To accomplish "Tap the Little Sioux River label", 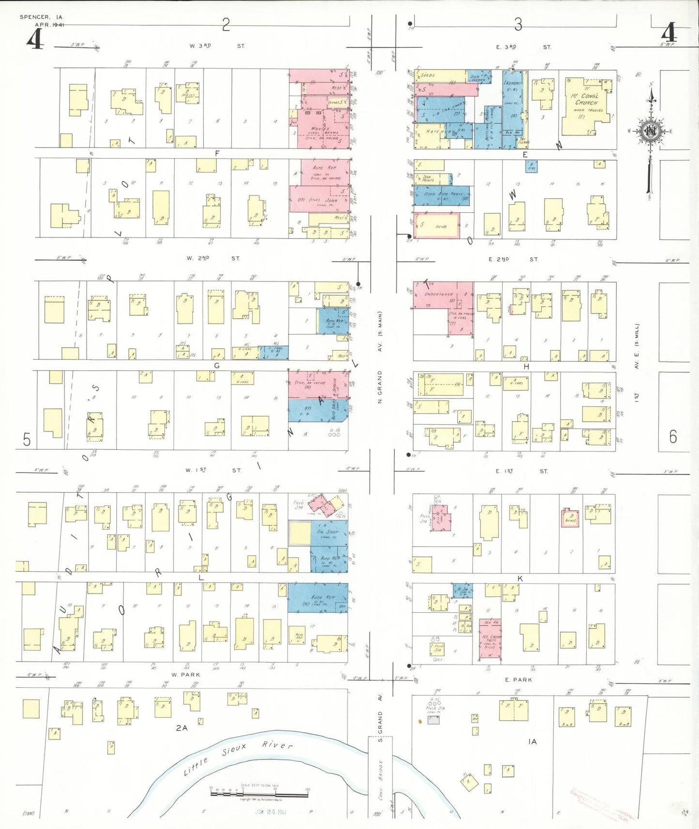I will click(x=237, y=757).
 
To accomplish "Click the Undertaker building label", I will click(x=438, y=294).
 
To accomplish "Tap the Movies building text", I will click(x=320, y=129).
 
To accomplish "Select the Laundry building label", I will click(x=512, y=83).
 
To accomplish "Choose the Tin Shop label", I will click(x=327, y=532).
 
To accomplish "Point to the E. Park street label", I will click(x=518, y=680).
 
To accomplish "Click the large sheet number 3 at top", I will click(x=518, y=24).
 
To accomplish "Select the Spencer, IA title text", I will click(x=41, y=17).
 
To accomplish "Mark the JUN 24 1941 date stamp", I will click(x=271, y=812).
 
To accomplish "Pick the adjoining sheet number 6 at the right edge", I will click(x=673, y=437).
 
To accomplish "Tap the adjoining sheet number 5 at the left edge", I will click(x=27, y=440).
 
